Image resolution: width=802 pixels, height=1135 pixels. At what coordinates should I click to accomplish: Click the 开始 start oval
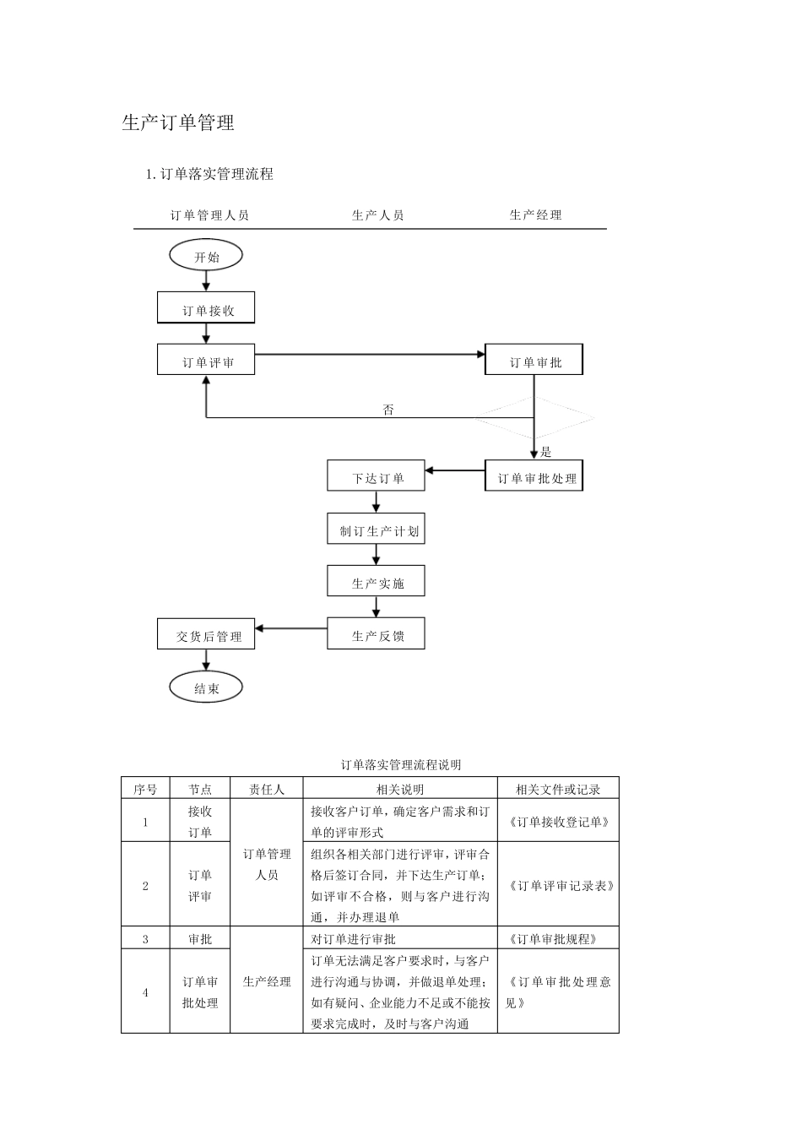(206, 256)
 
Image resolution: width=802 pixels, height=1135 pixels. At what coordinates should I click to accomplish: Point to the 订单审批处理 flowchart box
(534, 477)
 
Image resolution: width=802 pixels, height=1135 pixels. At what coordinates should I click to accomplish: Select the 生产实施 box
(376, 582)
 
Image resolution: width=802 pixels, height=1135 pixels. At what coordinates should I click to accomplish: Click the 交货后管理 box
(206, 635)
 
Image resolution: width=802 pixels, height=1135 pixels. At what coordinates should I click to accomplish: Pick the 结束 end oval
(206, 688)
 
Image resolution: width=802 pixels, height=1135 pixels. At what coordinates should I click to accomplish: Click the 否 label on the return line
(388, 410)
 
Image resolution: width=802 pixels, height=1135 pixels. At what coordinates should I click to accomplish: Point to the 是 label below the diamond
(546, 452)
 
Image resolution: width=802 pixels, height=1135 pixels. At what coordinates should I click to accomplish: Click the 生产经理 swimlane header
(535, 215)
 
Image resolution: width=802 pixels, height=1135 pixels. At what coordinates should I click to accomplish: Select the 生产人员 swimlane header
(377, 215)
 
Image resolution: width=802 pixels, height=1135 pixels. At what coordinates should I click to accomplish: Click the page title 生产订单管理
(178, 123)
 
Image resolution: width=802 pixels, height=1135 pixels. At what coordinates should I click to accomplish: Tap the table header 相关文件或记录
(558, 789)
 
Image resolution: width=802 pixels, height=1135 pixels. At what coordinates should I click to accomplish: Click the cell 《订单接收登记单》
(558, 821)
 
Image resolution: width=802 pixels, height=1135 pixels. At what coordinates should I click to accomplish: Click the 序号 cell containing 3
(145, 938)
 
